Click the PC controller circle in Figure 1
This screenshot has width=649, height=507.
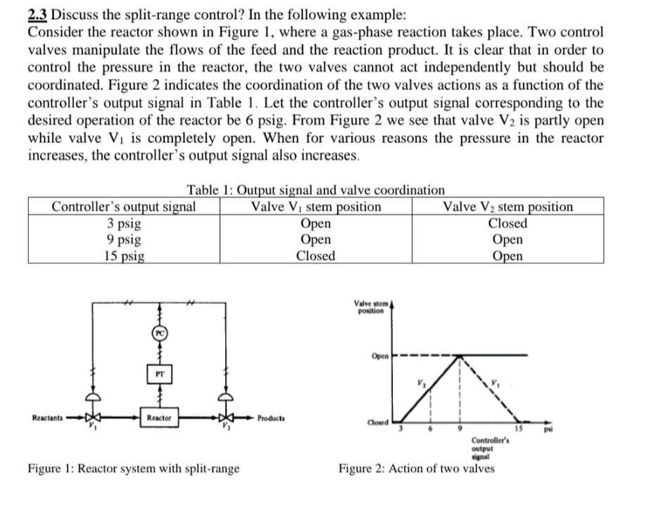pyautogui.click(x=160, y=330)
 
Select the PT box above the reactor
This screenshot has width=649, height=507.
pyautogui.click(x=160, y=376)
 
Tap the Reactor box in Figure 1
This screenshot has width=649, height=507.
pyautogui.click(x=160, y=418)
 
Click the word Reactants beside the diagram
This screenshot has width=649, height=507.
pyautogui.click(x=47, y=418)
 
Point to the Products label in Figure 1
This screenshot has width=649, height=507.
pyautogui.click(x=271, y=418)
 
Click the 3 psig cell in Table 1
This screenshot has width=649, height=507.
pyautogui.click(x=123, y=224)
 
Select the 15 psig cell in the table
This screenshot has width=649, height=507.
pyautogui.click(x=123, y=256)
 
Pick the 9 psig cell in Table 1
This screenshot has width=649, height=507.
pyautogui.click(x=123, y=239)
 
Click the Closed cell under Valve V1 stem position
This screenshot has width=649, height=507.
pyautogui.click(x=315, y=256)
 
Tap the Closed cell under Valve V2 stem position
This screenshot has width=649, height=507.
pyautogui.click(x=508, y=223)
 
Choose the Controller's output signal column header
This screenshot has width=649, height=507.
pyautogui.click(x=124, y=207)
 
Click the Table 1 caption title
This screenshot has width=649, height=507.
pyautogui.click(x=315, y=190)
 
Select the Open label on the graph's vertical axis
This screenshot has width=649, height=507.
pyautogui.click(x=379, y=356)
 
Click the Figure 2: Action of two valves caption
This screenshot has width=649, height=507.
pyautogui.click(x=416, y=468)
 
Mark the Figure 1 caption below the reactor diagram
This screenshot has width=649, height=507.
pyautogui.click(x=133, y=468)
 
